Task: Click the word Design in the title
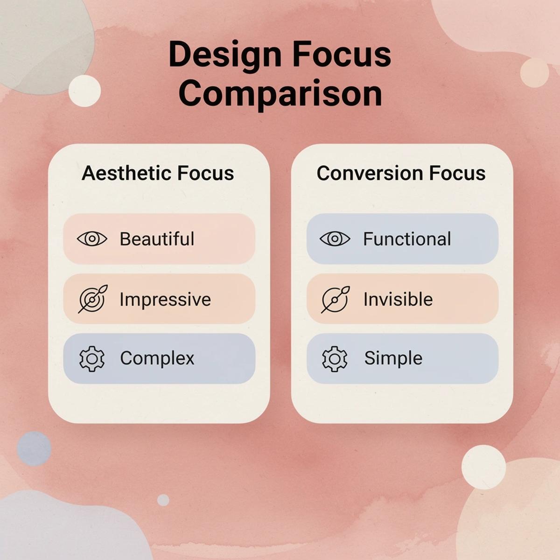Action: (225, 55)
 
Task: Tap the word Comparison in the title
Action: (280, 93)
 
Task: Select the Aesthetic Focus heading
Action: (158, 173)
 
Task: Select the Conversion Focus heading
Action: (401, 173)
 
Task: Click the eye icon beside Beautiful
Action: (92, 239)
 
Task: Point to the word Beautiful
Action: (157, 239)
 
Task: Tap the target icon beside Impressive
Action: (93, 299)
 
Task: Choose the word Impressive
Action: (165, 299)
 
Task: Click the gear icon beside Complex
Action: (92, 358)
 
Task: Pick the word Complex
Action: (157, 358)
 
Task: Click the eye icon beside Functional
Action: (335, 239)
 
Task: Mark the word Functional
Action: (407, 239)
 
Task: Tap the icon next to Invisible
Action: (335, 299)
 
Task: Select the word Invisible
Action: (398, 299)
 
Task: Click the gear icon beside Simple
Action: (335, 358)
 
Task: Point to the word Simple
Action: (393, 358)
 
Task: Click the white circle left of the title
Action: (84, 91)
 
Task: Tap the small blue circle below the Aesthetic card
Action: (34, 448)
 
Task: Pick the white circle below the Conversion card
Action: (483, 467)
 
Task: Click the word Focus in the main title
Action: (342, 55)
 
